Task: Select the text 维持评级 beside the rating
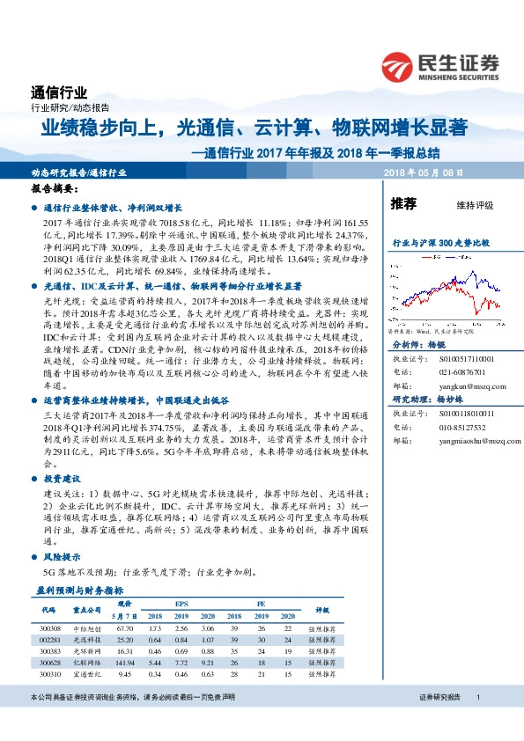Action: coord(475,206)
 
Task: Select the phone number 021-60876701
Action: coord(457,371)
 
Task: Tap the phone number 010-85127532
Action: coord(457,426)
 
